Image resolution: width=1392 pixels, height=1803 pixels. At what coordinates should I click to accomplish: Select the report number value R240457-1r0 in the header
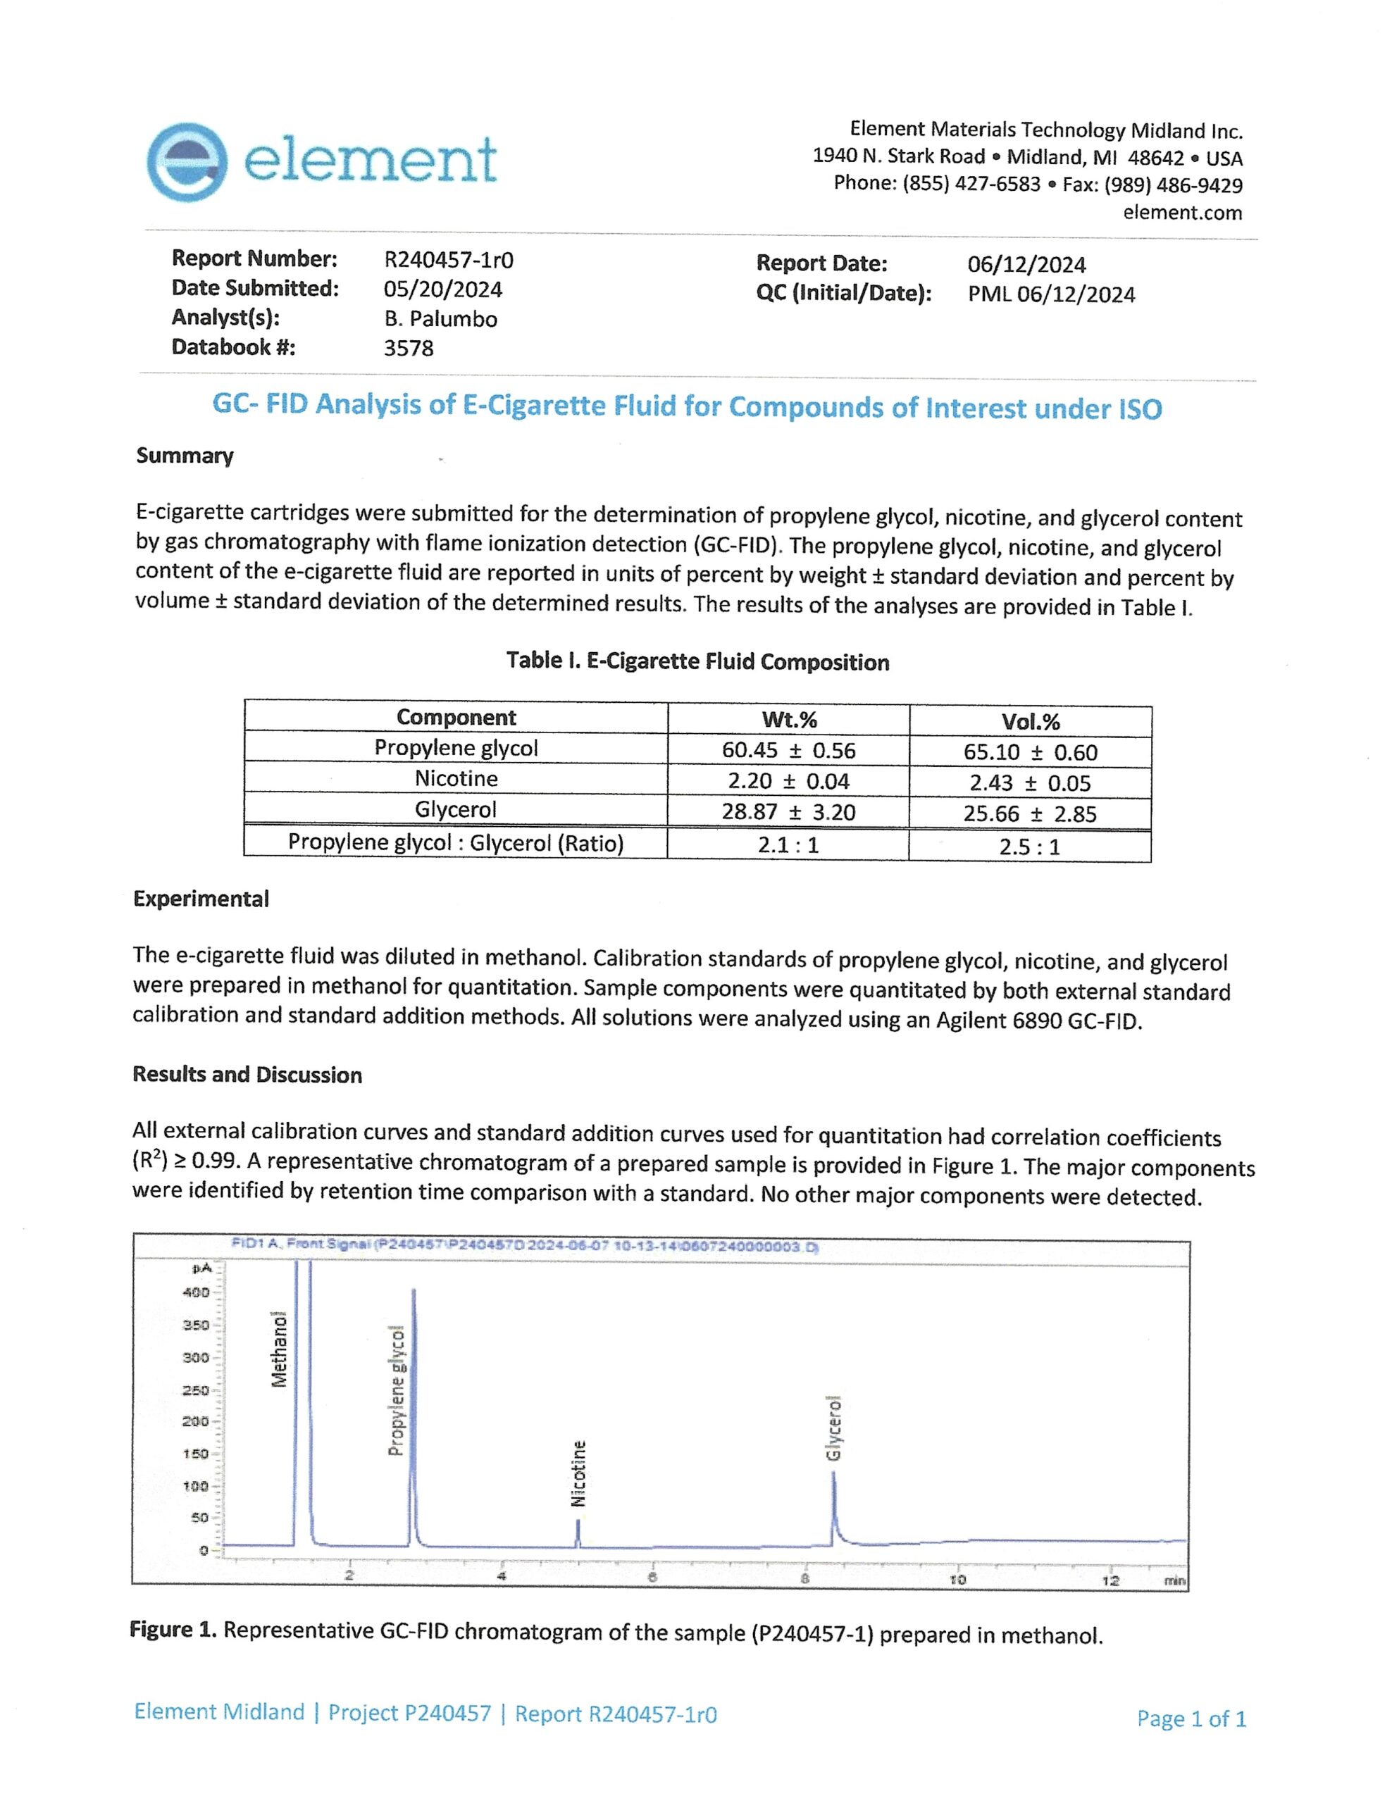click(x=448, y=260)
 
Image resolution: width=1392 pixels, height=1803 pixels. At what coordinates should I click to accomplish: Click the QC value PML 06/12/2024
click(x=1051, y=294)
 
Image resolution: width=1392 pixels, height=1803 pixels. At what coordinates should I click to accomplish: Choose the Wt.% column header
click(x=788, y=719)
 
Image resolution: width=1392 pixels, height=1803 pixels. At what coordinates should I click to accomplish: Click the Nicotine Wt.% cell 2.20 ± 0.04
click(x=788, y=781)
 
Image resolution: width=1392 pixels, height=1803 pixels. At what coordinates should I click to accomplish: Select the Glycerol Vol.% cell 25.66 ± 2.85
click(x=1029, y=814)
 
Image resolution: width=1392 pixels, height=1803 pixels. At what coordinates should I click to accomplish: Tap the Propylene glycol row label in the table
click(x=456, y=748)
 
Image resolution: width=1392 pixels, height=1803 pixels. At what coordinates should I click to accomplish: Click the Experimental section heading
click(x=201, y=899)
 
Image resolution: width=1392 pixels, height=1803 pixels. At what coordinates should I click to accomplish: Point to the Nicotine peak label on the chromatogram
click(x=579, y=1473)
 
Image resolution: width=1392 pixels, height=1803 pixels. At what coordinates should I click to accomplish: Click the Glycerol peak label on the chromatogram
click(x=834, y=1428)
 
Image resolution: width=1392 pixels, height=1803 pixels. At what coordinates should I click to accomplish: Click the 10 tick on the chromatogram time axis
click(x=957, y=1579)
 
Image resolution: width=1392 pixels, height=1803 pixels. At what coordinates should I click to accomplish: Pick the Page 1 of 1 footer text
click(x=1191, y=1718)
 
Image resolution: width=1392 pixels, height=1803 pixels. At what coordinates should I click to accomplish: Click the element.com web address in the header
click(x=1181, y=212)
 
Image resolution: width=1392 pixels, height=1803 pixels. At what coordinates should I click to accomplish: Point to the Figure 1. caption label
click(x=173, y=1630)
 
